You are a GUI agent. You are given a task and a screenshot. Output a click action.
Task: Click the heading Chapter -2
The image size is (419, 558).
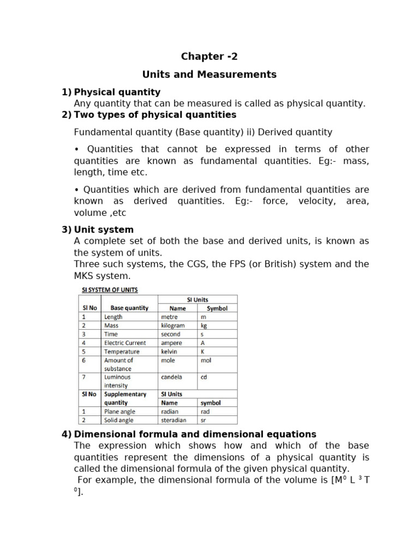[209, 56]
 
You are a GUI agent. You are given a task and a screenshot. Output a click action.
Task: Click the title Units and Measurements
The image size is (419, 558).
[209, 74]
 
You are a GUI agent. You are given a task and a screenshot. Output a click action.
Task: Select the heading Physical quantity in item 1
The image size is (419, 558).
[117, 92]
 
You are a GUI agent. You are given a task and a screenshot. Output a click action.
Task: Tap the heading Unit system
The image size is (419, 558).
[104, 229]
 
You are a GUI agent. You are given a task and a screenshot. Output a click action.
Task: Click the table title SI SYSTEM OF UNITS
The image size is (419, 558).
[110, 289]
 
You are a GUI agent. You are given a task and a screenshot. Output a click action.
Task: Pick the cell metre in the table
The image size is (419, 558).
[170, 317]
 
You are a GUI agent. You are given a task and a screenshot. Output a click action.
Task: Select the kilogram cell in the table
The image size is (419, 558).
[173, 325]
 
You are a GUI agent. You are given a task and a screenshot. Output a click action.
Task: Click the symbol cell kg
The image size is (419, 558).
[204, 325]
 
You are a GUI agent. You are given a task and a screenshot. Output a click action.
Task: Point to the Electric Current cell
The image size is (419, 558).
[125, 343]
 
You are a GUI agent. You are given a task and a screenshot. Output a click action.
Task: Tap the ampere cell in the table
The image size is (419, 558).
[172, 343]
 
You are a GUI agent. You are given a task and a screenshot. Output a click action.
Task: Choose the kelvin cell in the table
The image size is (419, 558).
[170, 351]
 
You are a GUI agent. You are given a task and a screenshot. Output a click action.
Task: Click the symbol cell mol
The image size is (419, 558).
[206, 360]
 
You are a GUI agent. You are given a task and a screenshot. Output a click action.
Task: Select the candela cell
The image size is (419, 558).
[172, 377]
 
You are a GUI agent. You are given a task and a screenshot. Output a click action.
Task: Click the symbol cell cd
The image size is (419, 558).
[204, 377]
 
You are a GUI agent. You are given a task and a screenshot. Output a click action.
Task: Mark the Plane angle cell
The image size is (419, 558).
[119, 411]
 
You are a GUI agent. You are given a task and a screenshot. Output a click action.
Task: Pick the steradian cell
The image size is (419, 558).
[173, 420]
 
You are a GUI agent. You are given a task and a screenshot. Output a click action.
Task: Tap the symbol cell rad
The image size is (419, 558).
[205, 411]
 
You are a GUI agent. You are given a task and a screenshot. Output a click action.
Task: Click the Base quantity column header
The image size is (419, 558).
[129, 308]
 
